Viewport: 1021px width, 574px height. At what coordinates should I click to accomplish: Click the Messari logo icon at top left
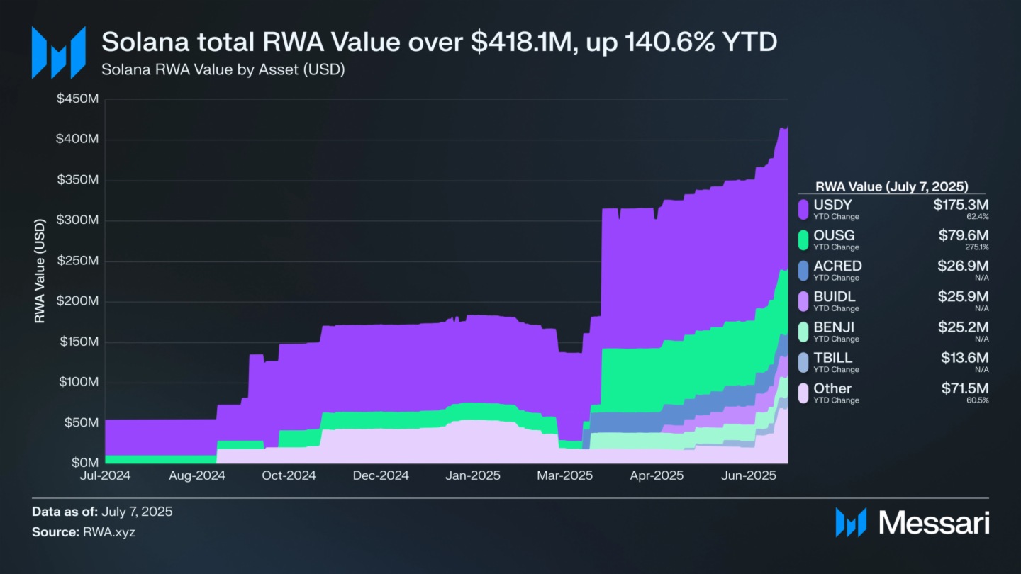58,52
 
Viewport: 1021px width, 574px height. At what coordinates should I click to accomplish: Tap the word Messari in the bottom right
934,523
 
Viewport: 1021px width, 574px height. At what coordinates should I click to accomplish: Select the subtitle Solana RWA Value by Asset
223,70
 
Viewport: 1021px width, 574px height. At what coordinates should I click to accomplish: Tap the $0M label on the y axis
84,463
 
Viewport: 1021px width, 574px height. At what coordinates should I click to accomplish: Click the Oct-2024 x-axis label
289,475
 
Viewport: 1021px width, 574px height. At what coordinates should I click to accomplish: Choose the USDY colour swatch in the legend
803,209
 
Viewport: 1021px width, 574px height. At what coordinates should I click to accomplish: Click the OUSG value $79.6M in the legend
964,235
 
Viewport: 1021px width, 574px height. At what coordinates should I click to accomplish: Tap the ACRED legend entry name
837,266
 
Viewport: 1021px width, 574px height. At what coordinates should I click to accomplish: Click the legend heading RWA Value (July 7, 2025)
892,187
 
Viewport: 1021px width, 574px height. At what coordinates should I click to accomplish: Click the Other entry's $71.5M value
964,388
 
